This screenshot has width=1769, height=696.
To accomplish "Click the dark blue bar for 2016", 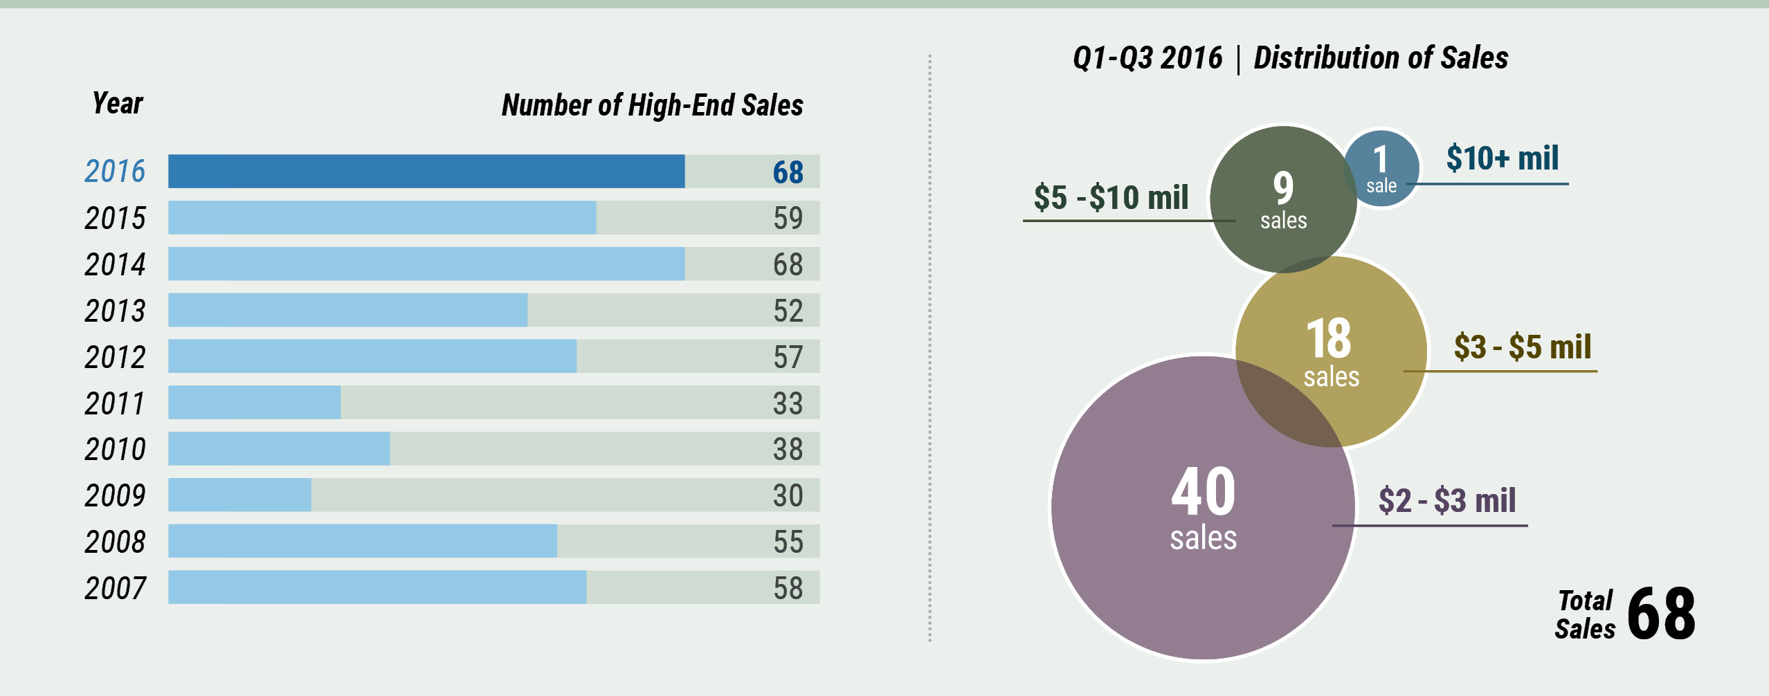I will click(x=426, y=172).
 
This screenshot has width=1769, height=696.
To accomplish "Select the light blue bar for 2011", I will click(x=254, y=403).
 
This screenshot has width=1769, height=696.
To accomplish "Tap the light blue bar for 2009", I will click(x=239, y=495).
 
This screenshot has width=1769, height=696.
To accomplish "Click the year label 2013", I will click(x=115, y=311).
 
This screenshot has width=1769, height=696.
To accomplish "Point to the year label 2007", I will click(x=115, y=588).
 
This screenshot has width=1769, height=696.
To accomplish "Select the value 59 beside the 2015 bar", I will click(x=788, y=218).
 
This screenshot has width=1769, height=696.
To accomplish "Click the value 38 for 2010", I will click(x=788, y=449).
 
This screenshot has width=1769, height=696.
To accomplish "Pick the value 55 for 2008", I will click(x=788, y=542).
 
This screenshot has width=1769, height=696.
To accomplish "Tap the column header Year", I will click(x=118, y=104).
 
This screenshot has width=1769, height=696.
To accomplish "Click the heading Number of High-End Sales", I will click(x=652, y=105).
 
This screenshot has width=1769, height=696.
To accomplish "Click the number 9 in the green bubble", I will click(x=1283, y=187).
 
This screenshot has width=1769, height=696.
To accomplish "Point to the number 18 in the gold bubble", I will click(x=1328, y=338).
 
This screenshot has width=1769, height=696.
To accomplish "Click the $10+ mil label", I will click(x=1502, y=158).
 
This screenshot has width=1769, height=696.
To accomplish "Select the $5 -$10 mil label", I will click(x=1111, y=197).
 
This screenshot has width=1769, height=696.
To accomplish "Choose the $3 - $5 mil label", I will click(x=1522, y=347).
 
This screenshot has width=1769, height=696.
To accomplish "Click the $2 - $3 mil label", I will click(x=1446, y=500).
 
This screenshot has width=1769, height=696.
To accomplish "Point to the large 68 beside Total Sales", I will click(x=1661, y=614).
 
